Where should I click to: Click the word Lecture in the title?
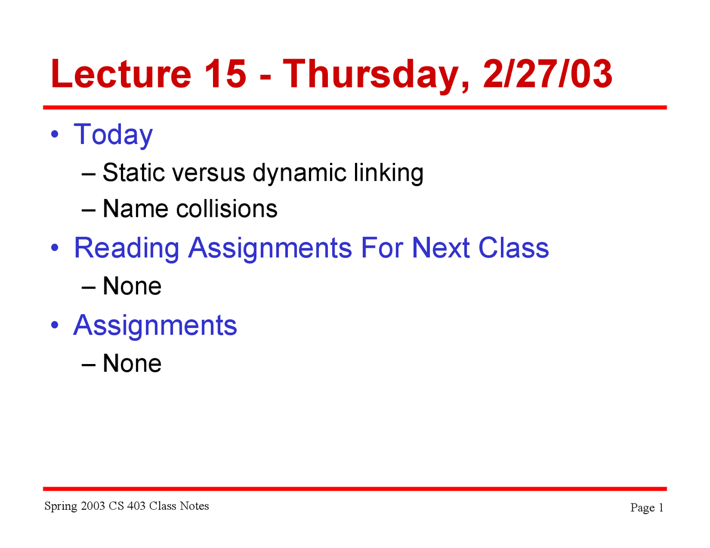coord(120,74)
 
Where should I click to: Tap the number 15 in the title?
coord(225,74)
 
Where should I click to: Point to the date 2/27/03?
coord(548,74)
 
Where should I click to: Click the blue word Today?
coord(113,135)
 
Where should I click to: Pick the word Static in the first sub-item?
coord(134,173)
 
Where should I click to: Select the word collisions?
coord(226,209)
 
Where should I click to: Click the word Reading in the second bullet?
coord(126,248)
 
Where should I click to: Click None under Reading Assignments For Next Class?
coord(132,286)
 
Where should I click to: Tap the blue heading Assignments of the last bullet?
coord(155,326)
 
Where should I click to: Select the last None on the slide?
coord(132,364)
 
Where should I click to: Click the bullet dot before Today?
coord(54,135)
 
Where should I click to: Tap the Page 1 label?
coord(647,508)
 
